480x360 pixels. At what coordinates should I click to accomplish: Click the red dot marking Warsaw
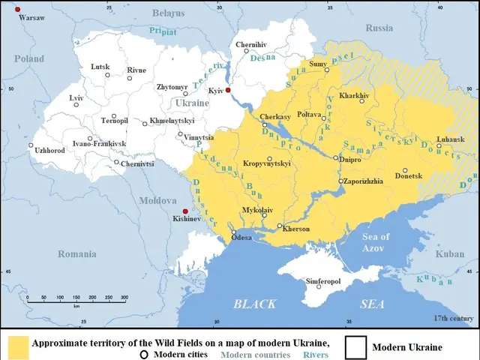17,9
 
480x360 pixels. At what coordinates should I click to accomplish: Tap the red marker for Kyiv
228,90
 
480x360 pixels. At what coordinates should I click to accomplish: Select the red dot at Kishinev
185,211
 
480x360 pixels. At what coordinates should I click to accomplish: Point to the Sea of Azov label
376,241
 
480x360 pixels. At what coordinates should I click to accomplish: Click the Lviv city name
76,98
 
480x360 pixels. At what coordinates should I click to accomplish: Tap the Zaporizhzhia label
365,181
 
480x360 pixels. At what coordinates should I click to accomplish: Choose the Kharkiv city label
355,96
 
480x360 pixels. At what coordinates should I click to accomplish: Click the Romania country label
77,254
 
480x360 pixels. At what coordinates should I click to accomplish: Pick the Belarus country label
168,13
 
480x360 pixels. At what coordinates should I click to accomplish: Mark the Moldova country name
157,200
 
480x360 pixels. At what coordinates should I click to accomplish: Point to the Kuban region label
450,254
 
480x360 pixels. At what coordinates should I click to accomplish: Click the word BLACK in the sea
255,304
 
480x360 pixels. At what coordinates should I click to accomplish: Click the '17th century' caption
454,318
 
